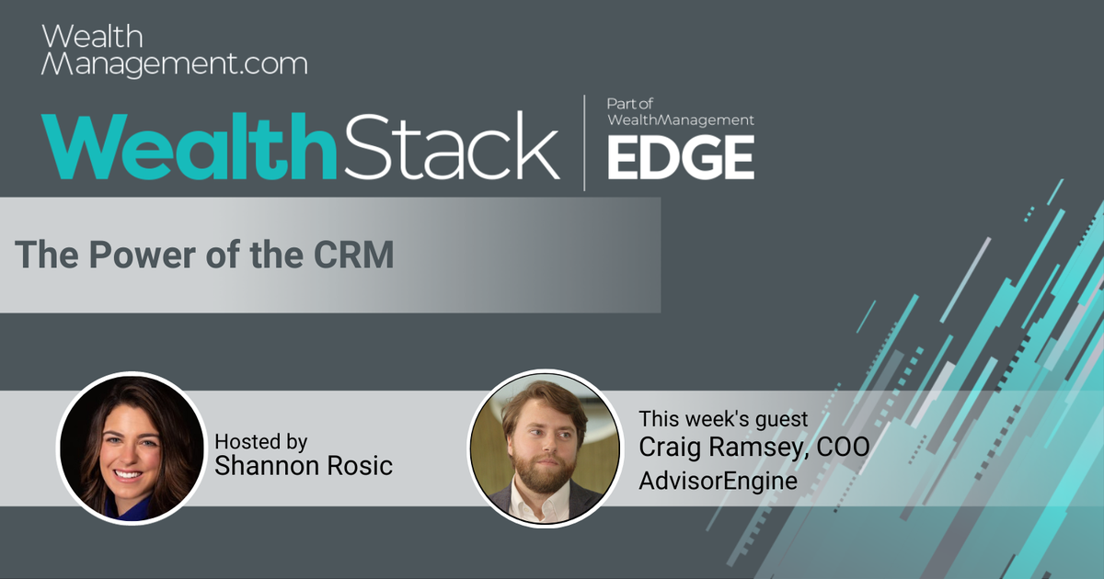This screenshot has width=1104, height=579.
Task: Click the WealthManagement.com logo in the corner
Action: [175, 51]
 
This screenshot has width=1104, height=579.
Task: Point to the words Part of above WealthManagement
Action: [630, 104]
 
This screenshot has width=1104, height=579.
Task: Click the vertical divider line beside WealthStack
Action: [584, 142]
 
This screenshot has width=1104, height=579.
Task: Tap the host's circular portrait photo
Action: [130, 448]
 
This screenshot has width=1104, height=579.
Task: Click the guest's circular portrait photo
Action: [543, 448]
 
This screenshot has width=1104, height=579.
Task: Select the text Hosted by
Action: [261, 441]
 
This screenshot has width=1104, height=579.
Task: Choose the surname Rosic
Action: [362, 466]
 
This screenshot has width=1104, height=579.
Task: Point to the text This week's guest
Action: [723, 419]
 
